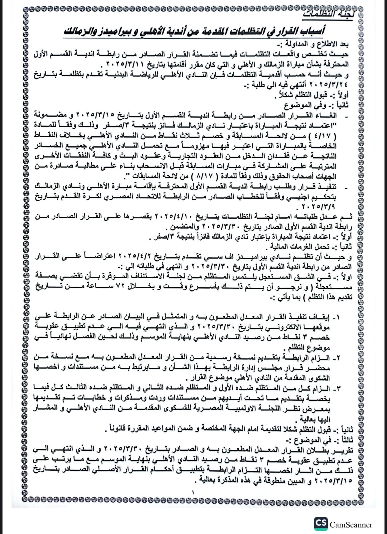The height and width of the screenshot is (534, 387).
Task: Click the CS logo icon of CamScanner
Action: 321,524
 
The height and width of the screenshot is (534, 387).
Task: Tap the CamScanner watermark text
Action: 351,525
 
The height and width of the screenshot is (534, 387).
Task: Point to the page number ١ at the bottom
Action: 193,493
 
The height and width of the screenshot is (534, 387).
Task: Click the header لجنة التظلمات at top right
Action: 330,15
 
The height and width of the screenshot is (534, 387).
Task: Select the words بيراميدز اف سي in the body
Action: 232,258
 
